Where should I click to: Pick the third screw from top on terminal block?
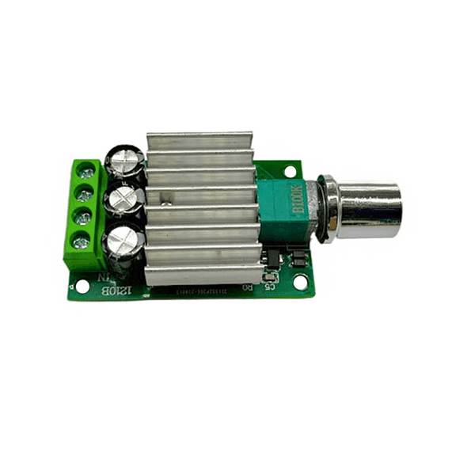(80, 215)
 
